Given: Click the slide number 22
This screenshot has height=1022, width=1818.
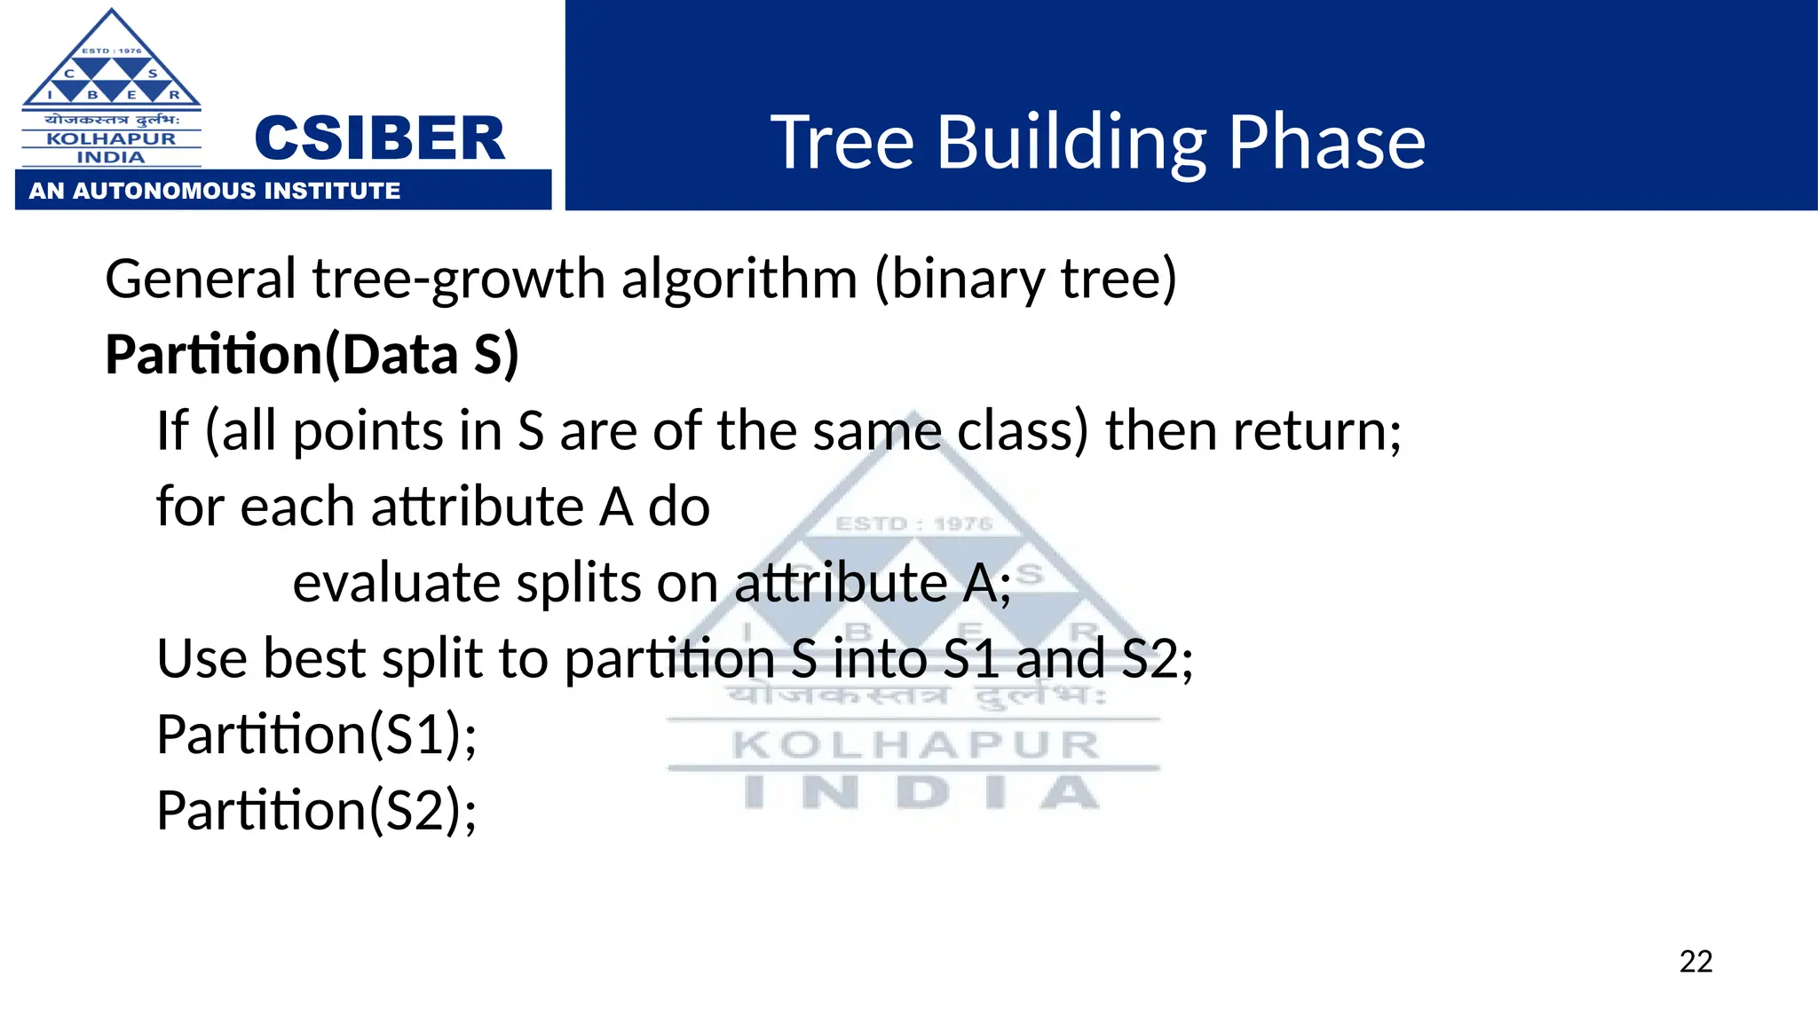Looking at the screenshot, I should coord(1695,962).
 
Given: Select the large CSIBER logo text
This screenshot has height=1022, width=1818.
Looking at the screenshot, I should coord(379,139).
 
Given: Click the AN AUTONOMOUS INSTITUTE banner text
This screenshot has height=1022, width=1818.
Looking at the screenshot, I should coord(215,191).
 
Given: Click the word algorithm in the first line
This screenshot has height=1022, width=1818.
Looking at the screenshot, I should coord(739,279).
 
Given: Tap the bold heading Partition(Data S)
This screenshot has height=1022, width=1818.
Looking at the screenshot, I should coord(312,355).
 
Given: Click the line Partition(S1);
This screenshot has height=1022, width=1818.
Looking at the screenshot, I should coord(316,735).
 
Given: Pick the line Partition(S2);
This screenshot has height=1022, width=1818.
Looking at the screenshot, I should coord(316,811).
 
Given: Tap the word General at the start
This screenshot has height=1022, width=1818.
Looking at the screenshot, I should coord(201,279).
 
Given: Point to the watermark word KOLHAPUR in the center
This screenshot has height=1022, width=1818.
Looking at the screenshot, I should coord(915,745).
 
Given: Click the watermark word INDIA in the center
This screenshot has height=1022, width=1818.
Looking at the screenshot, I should coord(921,792).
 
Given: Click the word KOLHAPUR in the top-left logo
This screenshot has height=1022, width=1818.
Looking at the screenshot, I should coord(111,138).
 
